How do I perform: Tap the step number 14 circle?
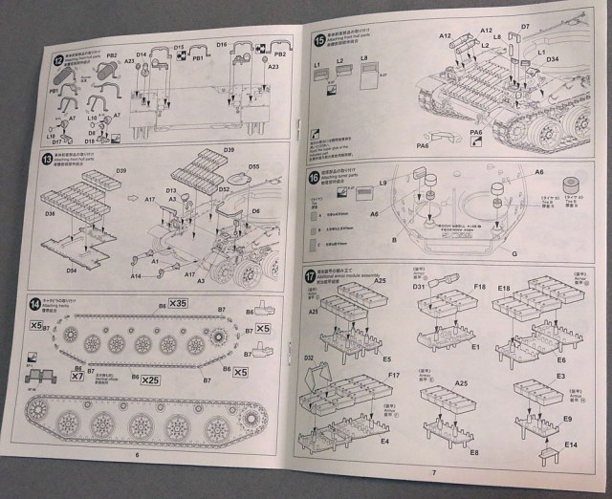pyautogui.click(x=36, y=305)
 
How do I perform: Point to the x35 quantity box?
pyautogui.click(x=178, y=303)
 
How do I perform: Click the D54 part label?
pyautogui.click(x=72, y=270)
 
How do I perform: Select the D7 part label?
pyautogui.click(x=552, y=28)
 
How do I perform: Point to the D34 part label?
pyautogui.click(x=553, y=59)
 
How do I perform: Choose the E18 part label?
pyautogui.click(x=503, y=286)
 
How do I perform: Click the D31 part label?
pyautogui.click(x=419, y=287)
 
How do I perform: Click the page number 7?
pyautogui.click(x=433, y=471)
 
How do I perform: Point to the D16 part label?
pyautogui.click(x=221, y=45)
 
